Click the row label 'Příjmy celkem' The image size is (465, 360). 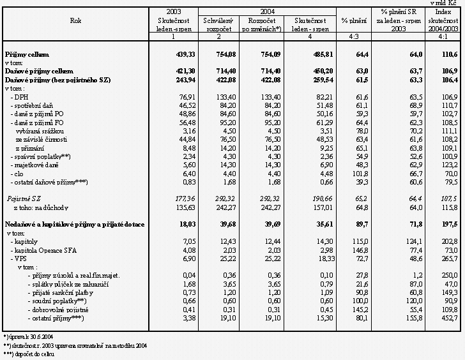coord(27,56)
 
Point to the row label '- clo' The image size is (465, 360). coord(18,155)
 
